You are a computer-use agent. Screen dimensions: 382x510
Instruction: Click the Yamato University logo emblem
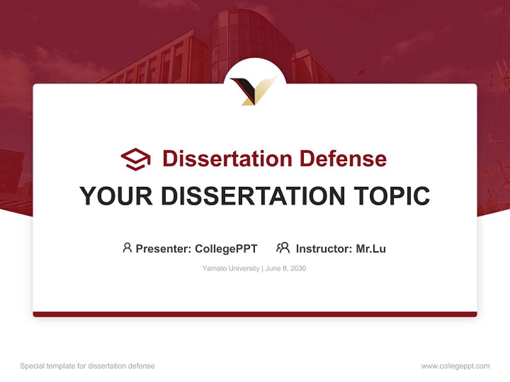[x=255, y=90]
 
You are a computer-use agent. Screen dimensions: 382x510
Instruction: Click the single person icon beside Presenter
[x=127, y=248]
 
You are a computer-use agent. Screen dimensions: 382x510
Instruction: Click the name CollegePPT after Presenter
[x=226, y=248]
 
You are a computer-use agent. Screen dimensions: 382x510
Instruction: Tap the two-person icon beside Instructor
[x=283, y=248]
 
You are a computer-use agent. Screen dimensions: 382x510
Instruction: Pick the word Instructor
[x=324, y=248]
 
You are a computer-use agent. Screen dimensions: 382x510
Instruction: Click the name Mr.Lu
[x=371, y=248]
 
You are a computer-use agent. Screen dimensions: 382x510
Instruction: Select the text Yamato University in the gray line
[x=231, y=268]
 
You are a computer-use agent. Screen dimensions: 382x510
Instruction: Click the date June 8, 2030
[x=286, y=268]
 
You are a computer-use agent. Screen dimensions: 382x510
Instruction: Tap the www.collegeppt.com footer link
[x=455, y=366]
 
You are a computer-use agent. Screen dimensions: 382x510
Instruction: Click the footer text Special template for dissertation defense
[x=87, y=366]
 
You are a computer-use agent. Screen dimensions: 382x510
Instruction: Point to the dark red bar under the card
[x=255, y=314]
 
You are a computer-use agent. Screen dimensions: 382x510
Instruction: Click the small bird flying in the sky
[x=361, y=72]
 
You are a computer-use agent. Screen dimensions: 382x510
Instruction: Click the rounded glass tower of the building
[x=244, y=42]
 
